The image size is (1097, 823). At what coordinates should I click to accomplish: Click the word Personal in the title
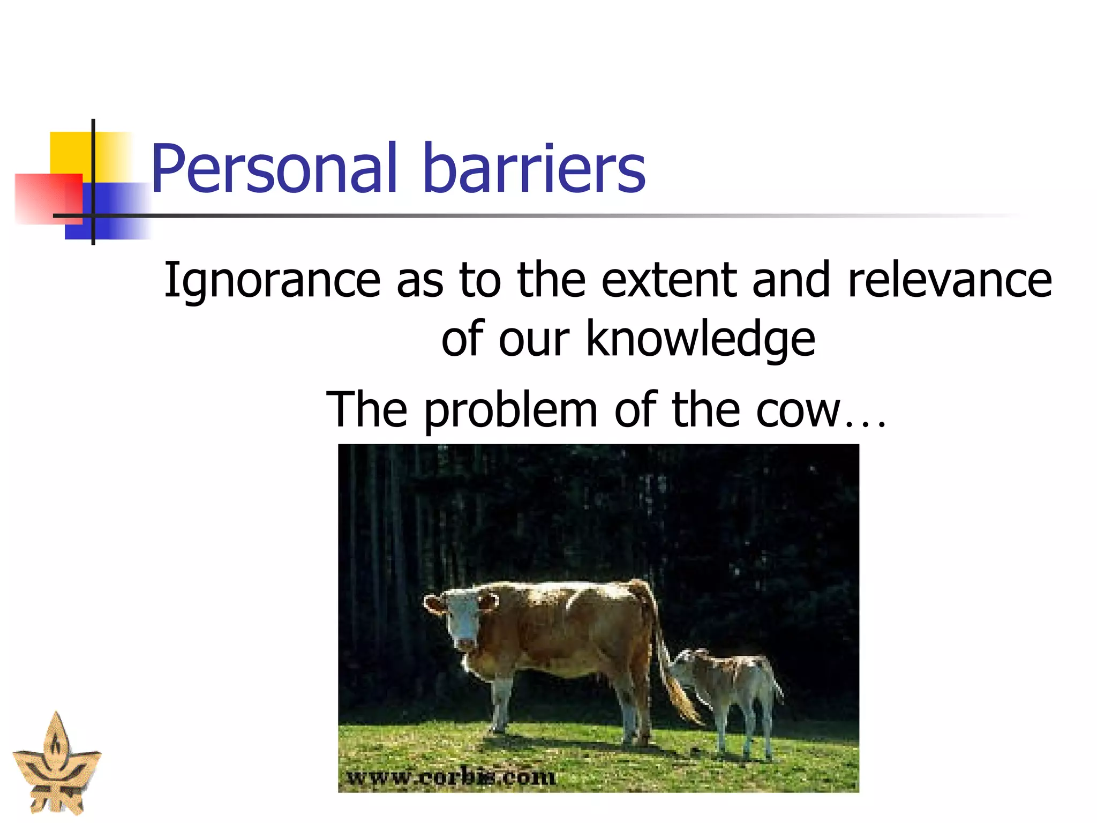tap(274, 169)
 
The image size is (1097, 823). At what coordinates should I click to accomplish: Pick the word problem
tap(511, 410)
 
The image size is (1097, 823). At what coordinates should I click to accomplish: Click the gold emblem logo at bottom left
tap(56, 766)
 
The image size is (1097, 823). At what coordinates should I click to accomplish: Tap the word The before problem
tap(367, 410)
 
